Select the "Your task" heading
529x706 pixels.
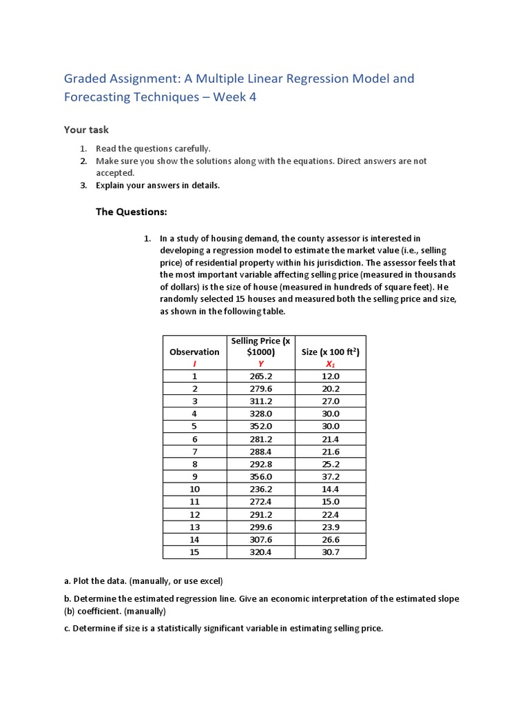click(x=86, y=130)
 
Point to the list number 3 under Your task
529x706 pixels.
click(x=83, y=185)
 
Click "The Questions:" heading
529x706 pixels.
click(x=131, y=212)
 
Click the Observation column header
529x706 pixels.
click(x=194, y=352)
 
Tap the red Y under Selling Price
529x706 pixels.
click(x=261, y=364)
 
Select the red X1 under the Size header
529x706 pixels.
click(x=331, y=364)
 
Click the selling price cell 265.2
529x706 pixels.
click(x=261, y=376)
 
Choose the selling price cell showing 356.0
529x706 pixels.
click(x=261, y=476)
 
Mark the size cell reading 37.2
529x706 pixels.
click(x=331, y=476)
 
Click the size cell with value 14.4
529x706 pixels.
click(x=331, y=490)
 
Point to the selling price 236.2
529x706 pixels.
click(x=261, y=490)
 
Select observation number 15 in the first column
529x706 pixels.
click(x=194, y=552)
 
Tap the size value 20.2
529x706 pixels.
click(x=331, y=389)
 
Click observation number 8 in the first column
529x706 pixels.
click(x=194, y=464)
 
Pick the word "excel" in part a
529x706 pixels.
click(x=209, y=581)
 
